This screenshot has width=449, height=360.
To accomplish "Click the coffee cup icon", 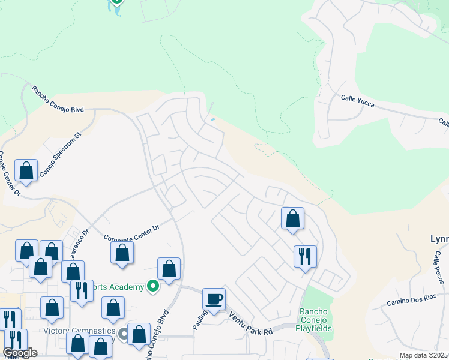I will pyautogui.click(x=214, y=299).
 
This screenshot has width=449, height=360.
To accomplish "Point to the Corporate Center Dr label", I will pyautogui.click(x=131, y=233).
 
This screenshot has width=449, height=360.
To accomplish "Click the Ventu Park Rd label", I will pyautogui.click(x=250, y=324).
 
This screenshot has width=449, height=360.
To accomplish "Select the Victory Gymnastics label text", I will pyautogui.click(x=79, y=331).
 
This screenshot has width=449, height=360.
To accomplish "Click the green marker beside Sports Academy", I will pyautogui.click(x=153, y=286).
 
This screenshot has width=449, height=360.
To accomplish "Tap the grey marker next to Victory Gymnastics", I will pyautogui.click(x=124, y=333).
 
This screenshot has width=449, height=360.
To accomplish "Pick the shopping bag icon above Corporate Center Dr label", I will pyautogui.click(x=122, y=253).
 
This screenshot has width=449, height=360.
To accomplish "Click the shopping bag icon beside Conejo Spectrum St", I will pyautogui.click(x=26, y=170).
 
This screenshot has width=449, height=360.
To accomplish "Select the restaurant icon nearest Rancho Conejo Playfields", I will pyautogui.click(x=305, y=256).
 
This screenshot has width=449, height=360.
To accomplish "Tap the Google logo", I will pyautogui.click(x=20, y=353).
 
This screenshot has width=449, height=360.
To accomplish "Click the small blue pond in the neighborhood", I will pyautogui.click(x=212, y=119).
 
